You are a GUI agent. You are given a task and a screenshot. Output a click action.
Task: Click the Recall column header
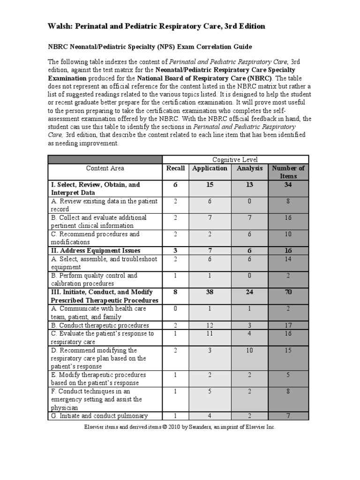[175, 168]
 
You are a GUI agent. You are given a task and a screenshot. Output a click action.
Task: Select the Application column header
[210, 168]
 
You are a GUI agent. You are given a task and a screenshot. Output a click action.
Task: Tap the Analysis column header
[249, 168]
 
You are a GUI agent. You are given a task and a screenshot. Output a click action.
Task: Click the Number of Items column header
[288, 172]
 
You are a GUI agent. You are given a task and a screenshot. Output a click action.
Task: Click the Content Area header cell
[105, 168]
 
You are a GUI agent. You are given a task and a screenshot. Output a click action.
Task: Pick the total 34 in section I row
[288, 185]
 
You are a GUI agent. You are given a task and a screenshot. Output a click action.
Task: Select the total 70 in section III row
[288, 292]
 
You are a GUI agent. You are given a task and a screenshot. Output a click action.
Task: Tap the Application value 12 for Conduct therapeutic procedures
[210, 325]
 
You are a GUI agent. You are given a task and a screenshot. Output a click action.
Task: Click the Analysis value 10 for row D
[249, 350]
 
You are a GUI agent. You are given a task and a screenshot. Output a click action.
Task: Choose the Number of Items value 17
[288, 325]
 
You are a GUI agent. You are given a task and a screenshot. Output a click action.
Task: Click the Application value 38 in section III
[210, 292]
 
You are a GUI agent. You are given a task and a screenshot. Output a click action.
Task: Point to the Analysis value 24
[249, 292]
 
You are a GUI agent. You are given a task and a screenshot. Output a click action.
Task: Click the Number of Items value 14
[288, 259]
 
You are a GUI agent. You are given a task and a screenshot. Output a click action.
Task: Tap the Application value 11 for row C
[210, 333]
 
